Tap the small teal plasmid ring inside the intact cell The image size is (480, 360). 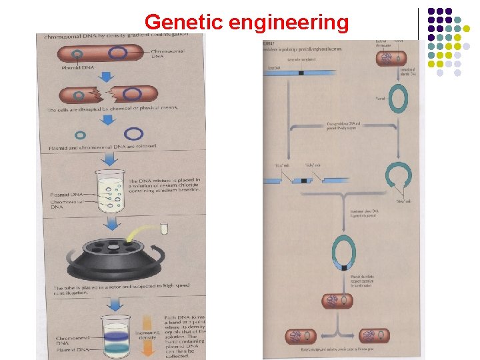click(x=78, y=54)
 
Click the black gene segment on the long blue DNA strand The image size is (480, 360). click(x=301, y=72)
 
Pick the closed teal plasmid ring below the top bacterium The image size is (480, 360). click(x=399, y=99)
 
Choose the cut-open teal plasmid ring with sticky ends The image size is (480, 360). click(x=400, y=177)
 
